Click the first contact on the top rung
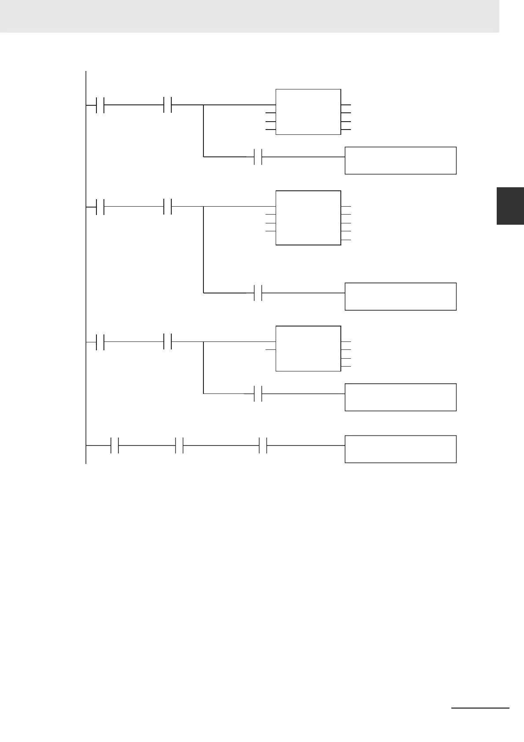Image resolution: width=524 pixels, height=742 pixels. [100, 106]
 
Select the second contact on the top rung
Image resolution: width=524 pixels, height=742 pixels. [167, 105]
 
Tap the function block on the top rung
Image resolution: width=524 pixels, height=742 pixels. [308, 112]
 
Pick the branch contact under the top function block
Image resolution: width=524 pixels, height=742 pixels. [258, 157]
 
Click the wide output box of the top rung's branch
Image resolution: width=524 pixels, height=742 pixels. [400, 160]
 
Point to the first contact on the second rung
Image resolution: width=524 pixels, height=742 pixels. [100, 207]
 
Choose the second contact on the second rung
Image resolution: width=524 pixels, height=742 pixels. [167, 207]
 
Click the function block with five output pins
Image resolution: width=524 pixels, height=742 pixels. [308, 218]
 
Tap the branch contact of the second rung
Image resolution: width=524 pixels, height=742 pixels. [258, 293]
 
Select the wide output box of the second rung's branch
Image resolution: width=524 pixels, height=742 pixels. [400, 297]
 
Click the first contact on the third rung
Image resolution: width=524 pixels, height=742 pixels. [100, 342]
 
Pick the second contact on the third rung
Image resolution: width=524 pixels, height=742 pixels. [167, 342]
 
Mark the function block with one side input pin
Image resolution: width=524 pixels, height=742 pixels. [308, 349]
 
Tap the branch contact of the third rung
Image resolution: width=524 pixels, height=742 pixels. [258, 393]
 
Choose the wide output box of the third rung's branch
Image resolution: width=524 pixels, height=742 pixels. [400, 397]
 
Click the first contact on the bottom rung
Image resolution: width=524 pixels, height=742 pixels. [115, 445]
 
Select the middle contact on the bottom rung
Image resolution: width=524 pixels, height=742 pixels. [179, 445]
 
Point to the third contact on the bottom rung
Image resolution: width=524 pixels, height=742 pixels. [263, 445]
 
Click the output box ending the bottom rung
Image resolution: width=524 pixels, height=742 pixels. [400, 449]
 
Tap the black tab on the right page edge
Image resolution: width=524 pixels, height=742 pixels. [510, 206]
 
